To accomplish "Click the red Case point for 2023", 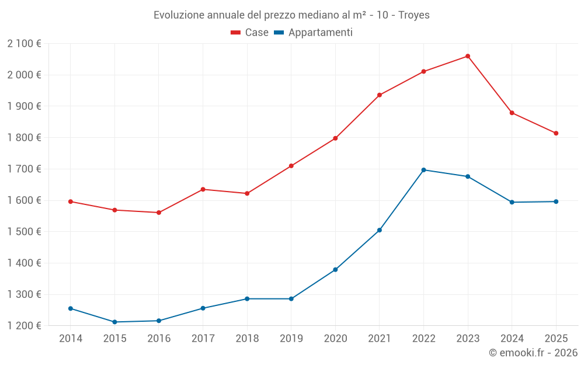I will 468,56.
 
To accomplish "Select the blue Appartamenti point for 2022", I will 423,170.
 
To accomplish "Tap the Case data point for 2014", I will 71,201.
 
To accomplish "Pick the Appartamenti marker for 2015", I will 114,322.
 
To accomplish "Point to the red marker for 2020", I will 335,138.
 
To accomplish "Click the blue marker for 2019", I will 291,299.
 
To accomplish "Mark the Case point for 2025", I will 556,133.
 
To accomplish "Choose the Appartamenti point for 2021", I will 380,230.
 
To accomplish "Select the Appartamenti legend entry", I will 314,33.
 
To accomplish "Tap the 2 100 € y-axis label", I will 24,43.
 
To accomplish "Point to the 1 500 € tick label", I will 24,232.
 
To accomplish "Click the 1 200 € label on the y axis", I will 24,326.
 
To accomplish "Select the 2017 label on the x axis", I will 203,339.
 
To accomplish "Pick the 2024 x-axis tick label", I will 512,339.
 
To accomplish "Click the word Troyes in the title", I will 414,15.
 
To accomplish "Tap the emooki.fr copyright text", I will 533,353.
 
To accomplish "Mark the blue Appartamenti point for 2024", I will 512,202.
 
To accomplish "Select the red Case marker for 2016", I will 159,213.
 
